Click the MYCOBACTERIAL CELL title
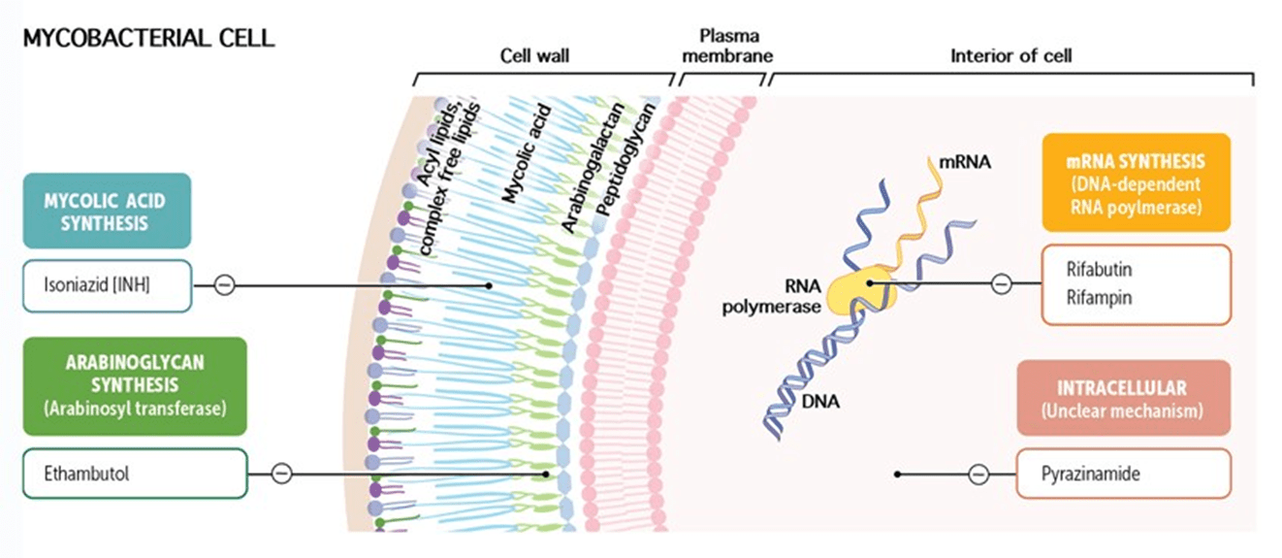(148, 39)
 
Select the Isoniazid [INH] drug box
(107, 286)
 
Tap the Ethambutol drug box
(135, 474)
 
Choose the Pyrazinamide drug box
(1124, 474)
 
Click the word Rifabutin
(1099, 269)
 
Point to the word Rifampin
(1099, 298)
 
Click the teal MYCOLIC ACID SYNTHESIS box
(107, 211)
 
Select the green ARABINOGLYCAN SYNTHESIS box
(135, 386)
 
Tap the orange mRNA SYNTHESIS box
(1137, 182)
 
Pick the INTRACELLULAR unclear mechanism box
(1124, 398)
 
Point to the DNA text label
(820, 402)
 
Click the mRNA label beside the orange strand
(965, 162)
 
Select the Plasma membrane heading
(728, 46)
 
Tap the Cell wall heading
(534, 55)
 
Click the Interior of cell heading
(1011, 55)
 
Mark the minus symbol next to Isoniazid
(224, 284)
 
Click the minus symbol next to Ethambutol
(281, 474)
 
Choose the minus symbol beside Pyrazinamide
(978, 475)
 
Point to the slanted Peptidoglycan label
(625, 159)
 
